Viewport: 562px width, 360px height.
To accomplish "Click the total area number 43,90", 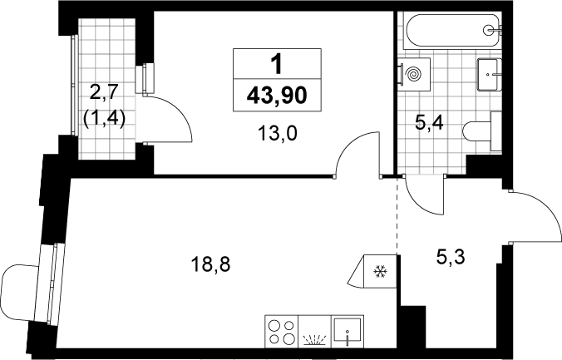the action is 277,96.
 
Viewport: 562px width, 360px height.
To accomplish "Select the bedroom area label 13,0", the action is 278,134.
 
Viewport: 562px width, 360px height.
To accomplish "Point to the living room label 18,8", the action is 210,265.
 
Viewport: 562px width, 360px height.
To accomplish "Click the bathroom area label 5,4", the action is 429,123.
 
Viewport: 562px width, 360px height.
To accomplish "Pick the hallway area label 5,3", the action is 451,257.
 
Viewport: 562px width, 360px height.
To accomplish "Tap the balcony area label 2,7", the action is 104,92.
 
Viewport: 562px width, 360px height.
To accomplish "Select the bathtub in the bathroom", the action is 453,31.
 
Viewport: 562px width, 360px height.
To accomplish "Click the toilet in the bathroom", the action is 482,131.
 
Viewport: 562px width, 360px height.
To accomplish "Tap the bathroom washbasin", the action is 489,75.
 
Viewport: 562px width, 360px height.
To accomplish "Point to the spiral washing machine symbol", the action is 415,75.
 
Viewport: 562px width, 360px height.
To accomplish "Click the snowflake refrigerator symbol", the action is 380,271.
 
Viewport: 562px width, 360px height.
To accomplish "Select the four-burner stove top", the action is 282,331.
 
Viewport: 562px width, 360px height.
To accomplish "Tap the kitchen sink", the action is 348,331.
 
